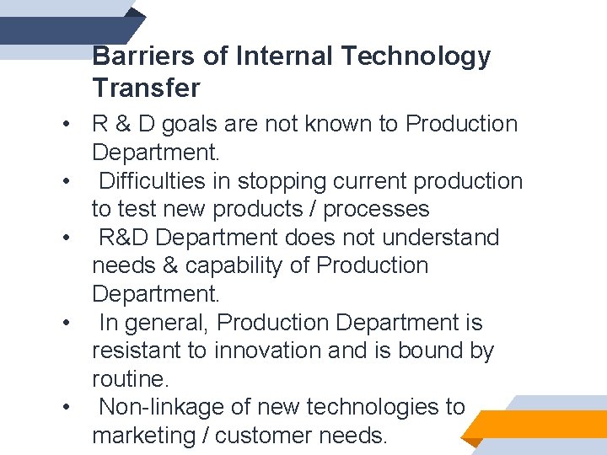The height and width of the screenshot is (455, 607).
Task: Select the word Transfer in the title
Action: tap(146, 87)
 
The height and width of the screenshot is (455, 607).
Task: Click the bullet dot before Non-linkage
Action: tap(64, 408)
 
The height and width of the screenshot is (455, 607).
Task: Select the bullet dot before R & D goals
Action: tap(64, 125)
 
